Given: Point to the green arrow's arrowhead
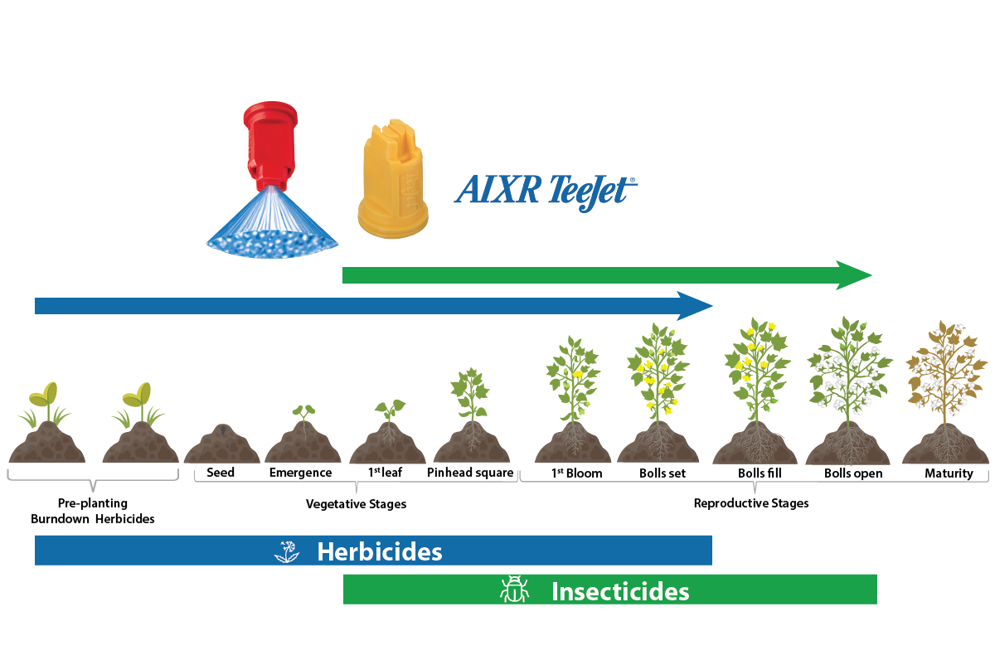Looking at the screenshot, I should (854, 275).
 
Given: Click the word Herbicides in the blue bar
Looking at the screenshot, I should (379, 552).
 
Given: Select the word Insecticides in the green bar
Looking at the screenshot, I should (620, 592).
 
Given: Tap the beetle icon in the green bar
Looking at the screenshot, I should (514, 590).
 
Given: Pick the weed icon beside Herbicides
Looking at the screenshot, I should (287, 551).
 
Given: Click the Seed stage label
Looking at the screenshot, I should (221, 473).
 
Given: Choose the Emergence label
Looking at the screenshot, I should (300, 473).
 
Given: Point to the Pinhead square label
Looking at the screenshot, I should (471, 473).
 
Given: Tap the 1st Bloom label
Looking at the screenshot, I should (576, 473).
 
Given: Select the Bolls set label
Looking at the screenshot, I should (663, 473).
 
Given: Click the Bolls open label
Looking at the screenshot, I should (853, 473).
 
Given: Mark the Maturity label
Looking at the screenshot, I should (949, 473).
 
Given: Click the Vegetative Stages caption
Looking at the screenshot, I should (356, 503).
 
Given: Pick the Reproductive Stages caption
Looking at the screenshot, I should (750, 502).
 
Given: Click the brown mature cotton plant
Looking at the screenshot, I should (945, 373).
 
